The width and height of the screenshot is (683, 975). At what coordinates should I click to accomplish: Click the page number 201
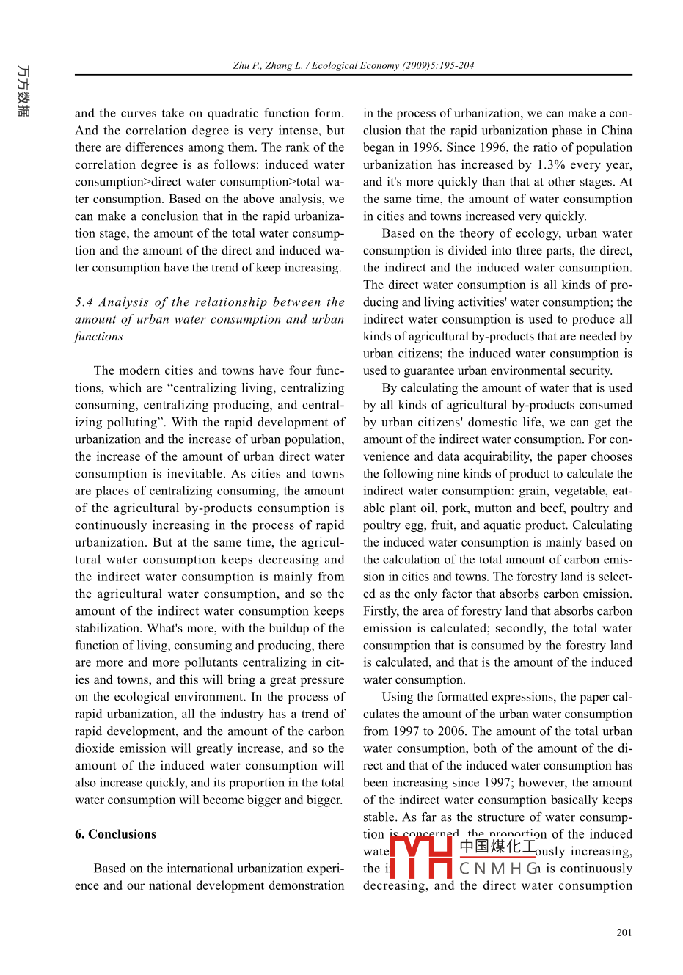point(624,932)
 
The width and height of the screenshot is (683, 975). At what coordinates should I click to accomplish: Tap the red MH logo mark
point(420,857)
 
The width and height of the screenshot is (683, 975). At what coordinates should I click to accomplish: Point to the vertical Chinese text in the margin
point(23,91)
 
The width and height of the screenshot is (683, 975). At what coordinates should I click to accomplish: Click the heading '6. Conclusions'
point(115,834)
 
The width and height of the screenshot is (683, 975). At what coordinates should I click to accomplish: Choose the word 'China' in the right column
point(616,131)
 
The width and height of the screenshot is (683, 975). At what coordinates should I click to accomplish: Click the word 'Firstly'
point(381,611)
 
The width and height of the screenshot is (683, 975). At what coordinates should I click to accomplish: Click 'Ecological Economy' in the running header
point(355,65)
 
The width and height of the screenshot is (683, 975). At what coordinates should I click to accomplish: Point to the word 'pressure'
point(321,680)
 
